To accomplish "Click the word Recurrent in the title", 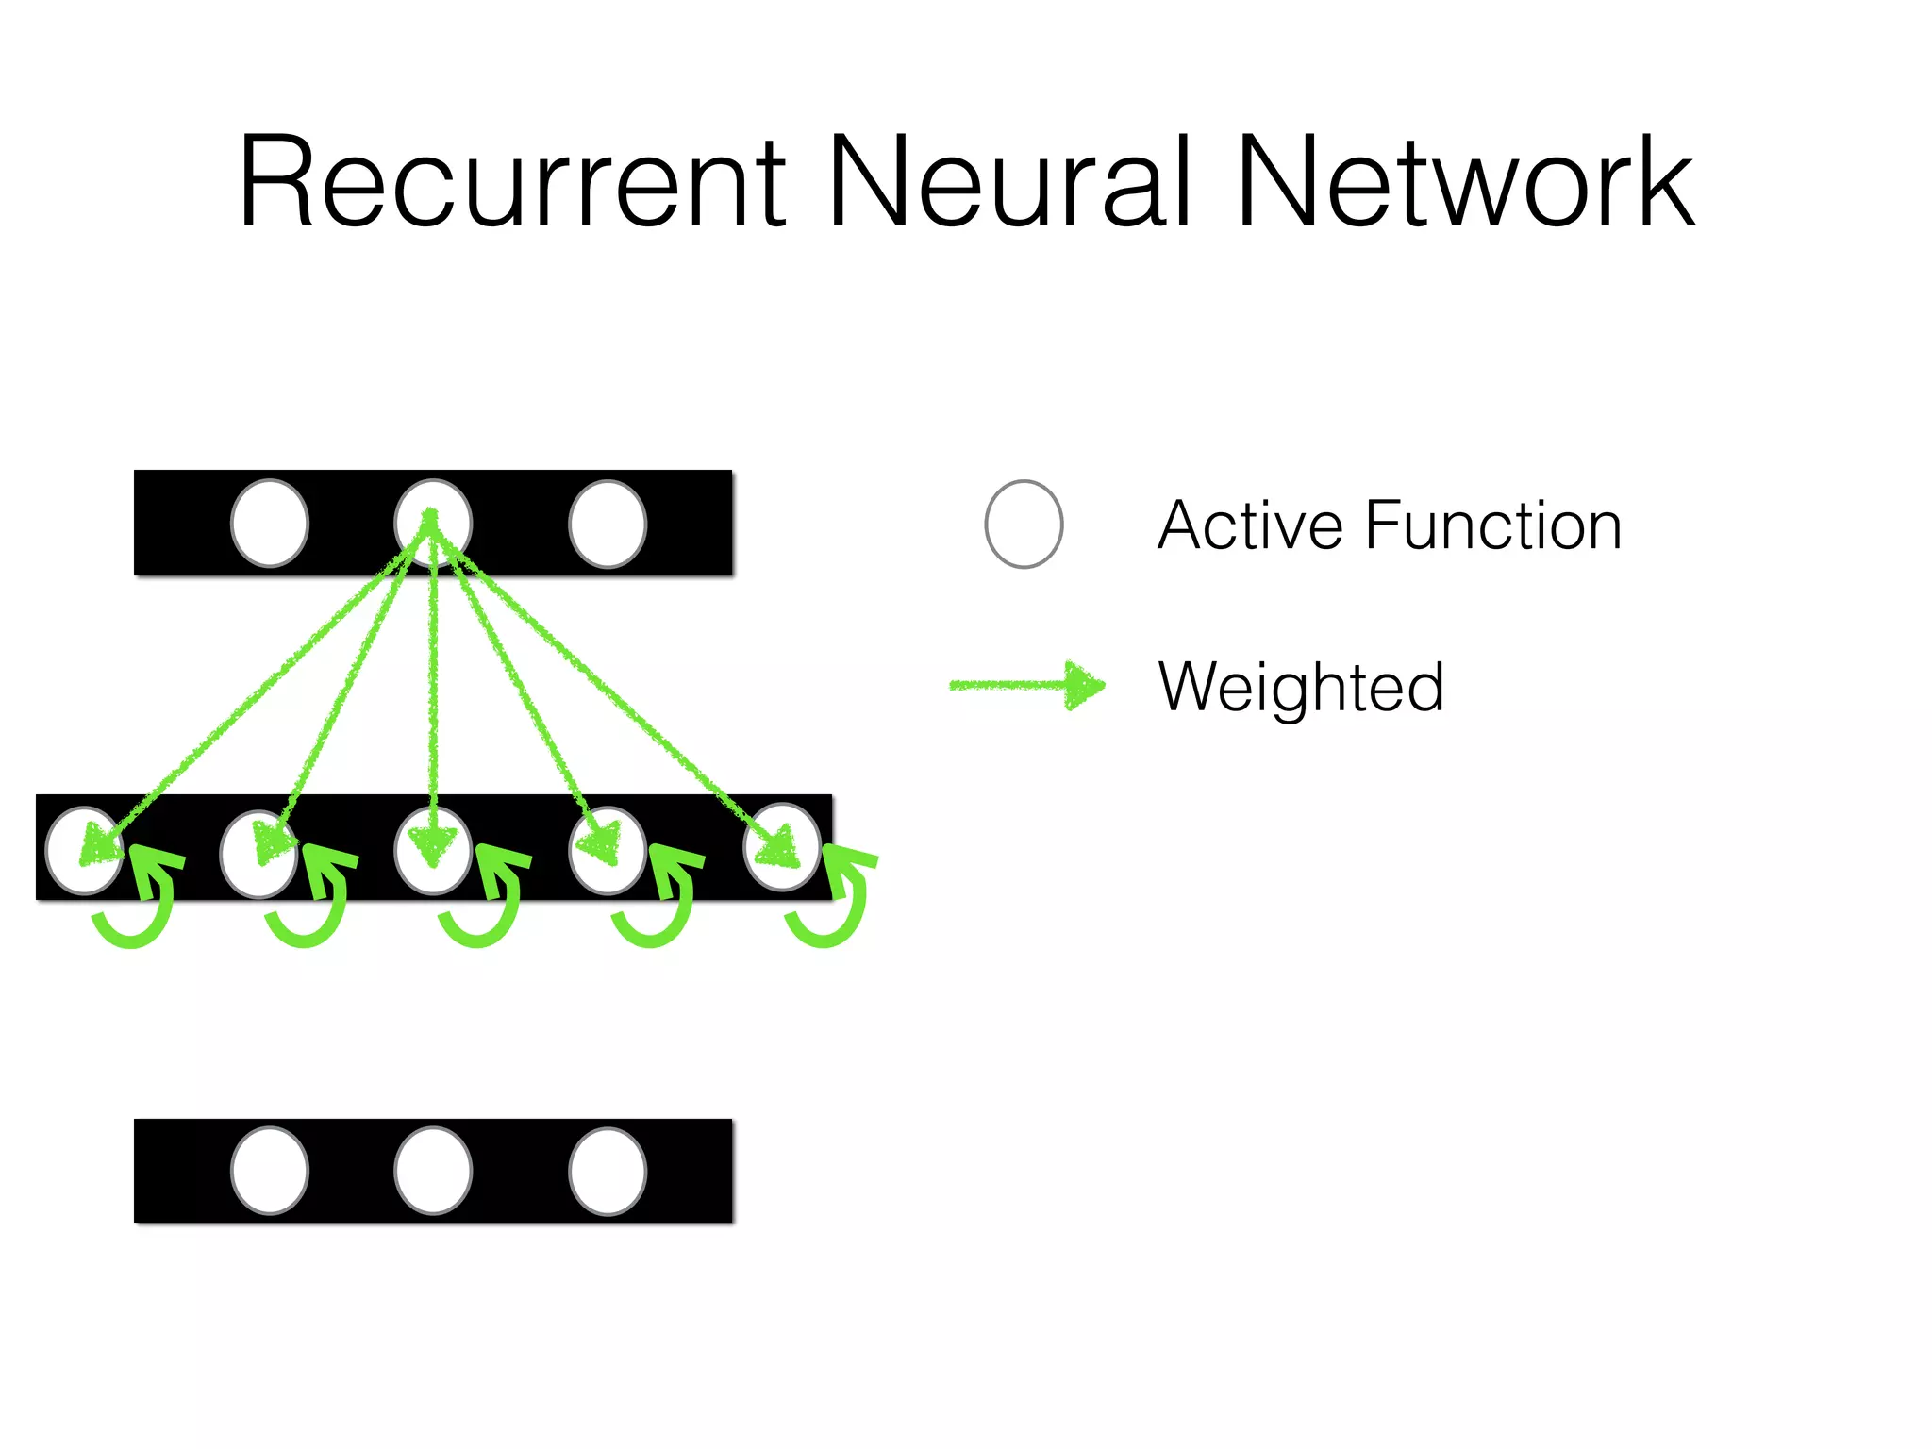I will [x=512, y=181].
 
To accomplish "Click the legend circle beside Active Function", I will [x=1024, y=525].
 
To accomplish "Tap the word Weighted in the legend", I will [x=1301, y=688].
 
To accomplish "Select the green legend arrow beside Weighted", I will [x=1026, y=685].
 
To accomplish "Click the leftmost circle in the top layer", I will [x=270, y=524].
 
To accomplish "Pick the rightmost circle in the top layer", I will [x=608, y=524].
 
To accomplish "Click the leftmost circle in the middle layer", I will [x=83, y=850].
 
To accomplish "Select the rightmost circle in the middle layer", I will [x=782, y=847].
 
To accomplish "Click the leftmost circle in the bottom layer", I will [x=270, y=1171].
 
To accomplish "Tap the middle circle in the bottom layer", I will [x=433, y=1171].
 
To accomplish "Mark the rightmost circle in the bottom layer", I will [x=608, y=1171].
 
